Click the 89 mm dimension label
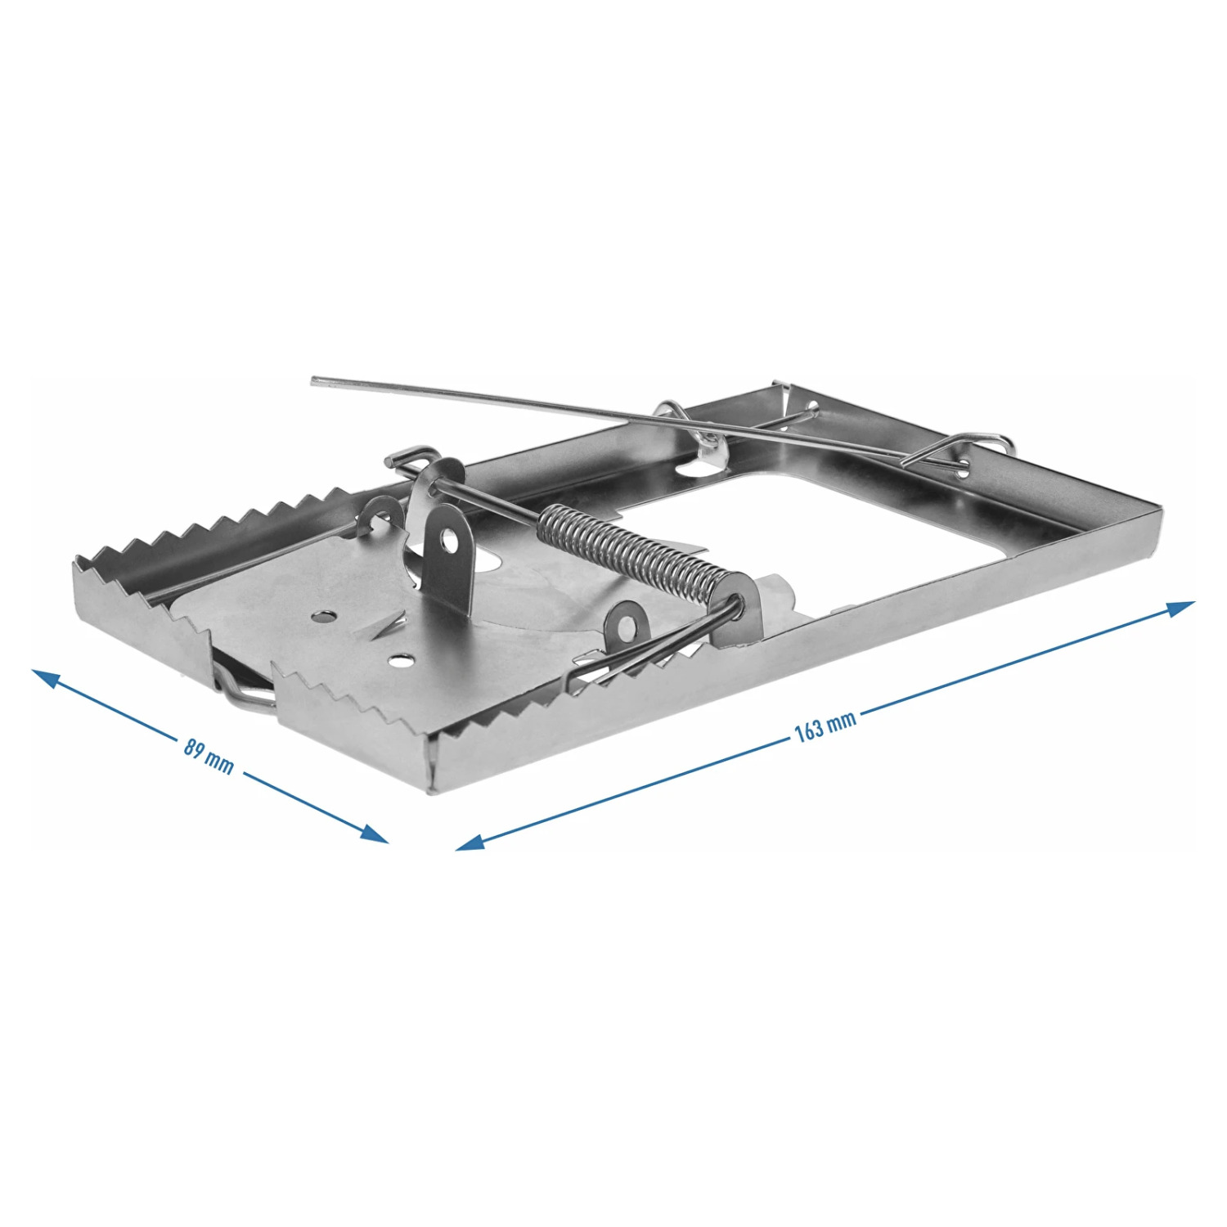(x=209, y=757)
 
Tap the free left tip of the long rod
(x=314, y=380)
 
